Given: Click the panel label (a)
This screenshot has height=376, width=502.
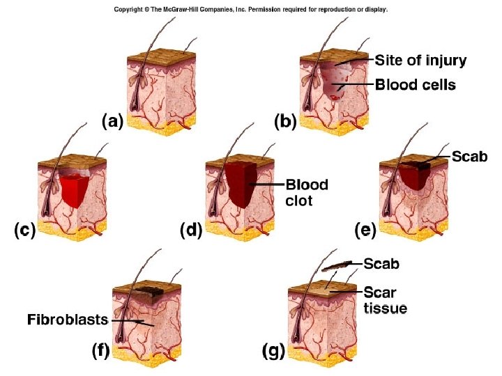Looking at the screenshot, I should [x=112, y=123].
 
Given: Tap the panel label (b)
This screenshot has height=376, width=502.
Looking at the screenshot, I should [x=284, y=123].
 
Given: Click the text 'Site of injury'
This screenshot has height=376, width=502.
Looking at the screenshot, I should [x=421, y=61].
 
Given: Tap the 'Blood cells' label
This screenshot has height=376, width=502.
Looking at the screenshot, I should [x=416, y=85].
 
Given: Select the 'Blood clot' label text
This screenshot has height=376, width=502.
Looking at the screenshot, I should [x=307, y=193].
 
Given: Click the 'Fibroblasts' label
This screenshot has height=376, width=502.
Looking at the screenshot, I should [x=67, y=320].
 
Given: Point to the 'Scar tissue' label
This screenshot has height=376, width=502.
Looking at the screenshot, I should [x=385, y=299].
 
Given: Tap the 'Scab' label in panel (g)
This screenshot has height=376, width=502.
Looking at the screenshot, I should [x=382, y=264].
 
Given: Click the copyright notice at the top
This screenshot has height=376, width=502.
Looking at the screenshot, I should [x=251, y=10].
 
